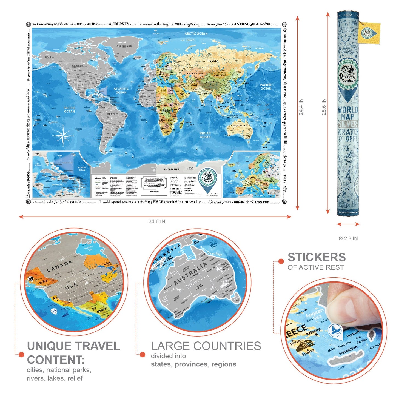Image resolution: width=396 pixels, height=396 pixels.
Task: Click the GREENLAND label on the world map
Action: click(x=124, y=46)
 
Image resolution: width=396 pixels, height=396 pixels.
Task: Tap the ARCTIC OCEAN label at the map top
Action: click(x=196, y=33)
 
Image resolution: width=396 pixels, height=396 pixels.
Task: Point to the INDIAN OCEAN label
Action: click(x=205, y=135)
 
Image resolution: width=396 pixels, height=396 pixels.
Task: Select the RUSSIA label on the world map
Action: click(x=213, y=61)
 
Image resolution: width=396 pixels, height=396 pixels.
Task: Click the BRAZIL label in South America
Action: click(x=112, y=114)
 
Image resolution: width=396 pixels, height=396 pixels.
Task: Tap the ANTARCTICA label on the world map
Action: click(x=172, y=169)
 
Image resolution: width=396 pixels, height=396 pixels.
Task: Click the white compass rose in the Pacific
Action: click(x=63, y=135)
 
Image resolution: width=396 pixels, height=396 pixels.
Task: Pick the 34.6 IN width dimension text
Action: click(x=157, y=221)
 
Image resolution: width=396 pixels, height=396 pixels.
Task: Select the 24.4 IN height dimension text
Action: click(x=301, y=107)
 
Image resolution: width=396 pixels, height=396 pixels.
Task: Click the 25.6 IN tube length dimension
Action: click(x=324, y=107)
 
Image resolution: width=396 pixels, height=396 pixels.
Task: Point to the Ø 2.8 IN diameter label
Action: click(x=348, y=238)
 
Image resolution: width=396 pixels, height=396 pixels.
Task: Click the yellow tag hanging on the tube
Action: click(x=369, y=33)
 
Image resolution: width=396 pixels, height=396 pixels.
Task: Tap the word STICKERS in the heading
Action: click(x=317, y=257)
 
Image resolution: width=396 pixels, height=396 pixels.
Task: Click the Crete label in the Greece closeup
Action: click(x=341, y=367)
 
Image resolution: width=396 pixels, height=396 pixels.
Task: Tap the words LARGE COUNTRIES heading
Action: click(x=206, y=346)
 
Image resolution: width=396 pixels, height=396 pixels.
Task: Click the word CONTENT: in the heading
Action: click(x=56, y=360)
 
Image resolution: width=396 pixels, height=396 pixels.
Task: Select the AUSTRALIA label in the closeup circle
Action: click(x=191, y=273)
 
